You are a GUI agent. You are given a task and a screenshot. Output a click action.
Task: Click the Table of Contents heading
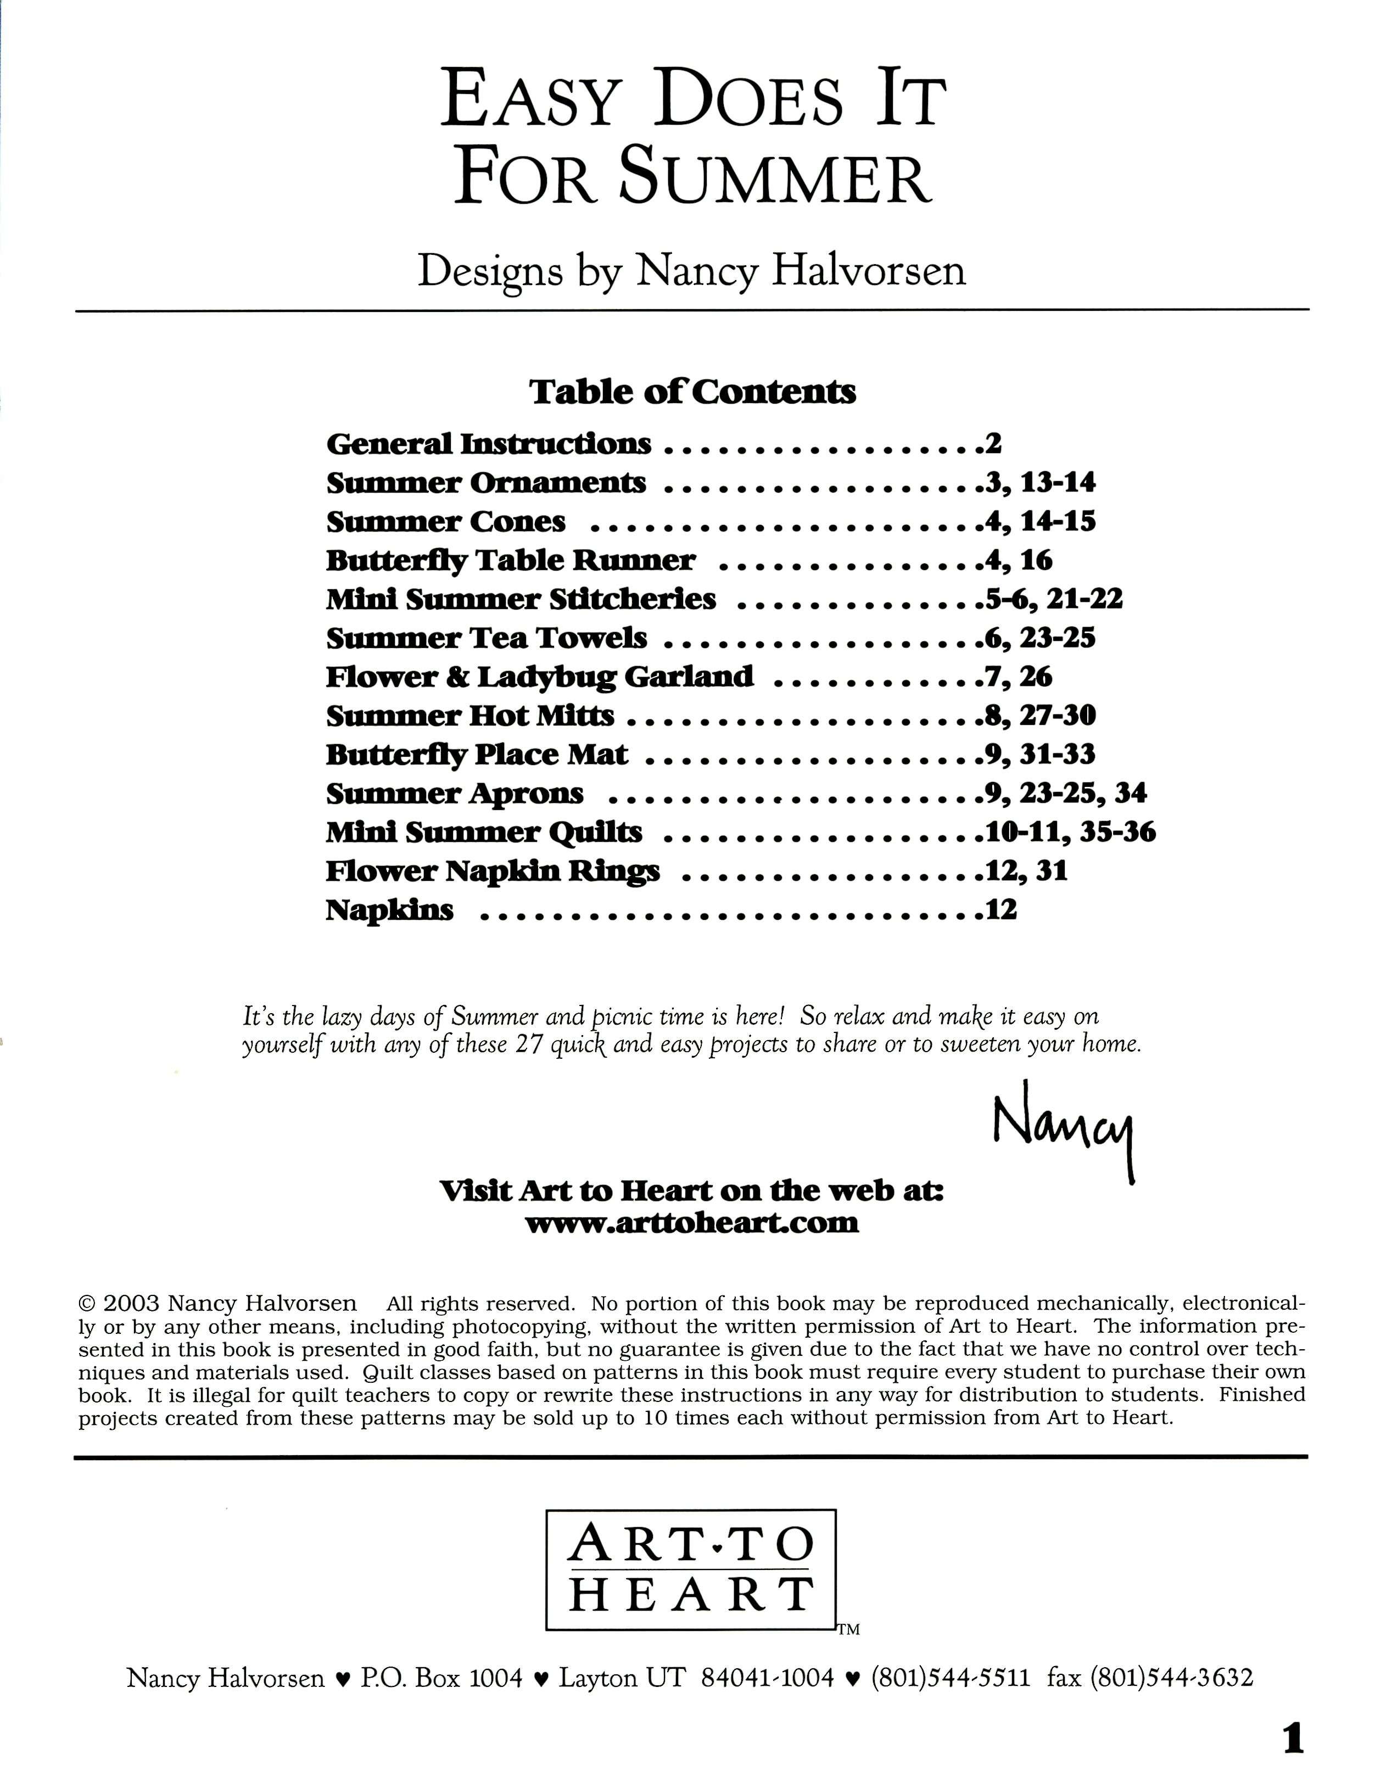pos(692,392)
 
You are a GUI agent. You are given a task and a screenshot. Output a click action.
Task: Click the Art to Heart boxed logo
pos(691,1570)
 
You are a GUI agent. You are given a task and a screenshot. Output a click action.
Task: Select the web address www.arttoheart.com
pos(692,1223)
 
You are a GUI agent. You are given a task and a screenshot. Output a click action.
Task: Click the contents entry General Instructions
pos(489,444)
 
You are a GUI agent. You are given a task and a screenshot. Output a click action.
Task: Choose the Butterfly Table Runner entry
pos(510,561)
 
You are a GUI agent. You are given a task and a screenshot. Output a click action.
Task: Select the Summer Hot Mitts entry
pos(470,716)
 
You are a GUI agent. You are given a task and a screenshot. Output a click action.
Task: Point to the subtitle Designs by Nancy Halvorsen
pos(692,271)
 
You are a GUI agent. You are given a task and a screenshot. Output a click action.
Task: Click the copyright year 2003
pos(131,1303)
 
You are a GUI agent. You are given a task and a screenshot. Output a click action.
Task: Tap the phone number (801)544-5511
pos(949,1678)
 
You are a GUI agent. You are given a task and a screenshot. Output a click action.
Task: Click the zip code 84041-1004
pos(767,1678)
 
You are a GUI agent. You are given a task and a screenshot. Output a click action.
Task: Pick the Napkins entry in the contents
pos(390,909)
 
